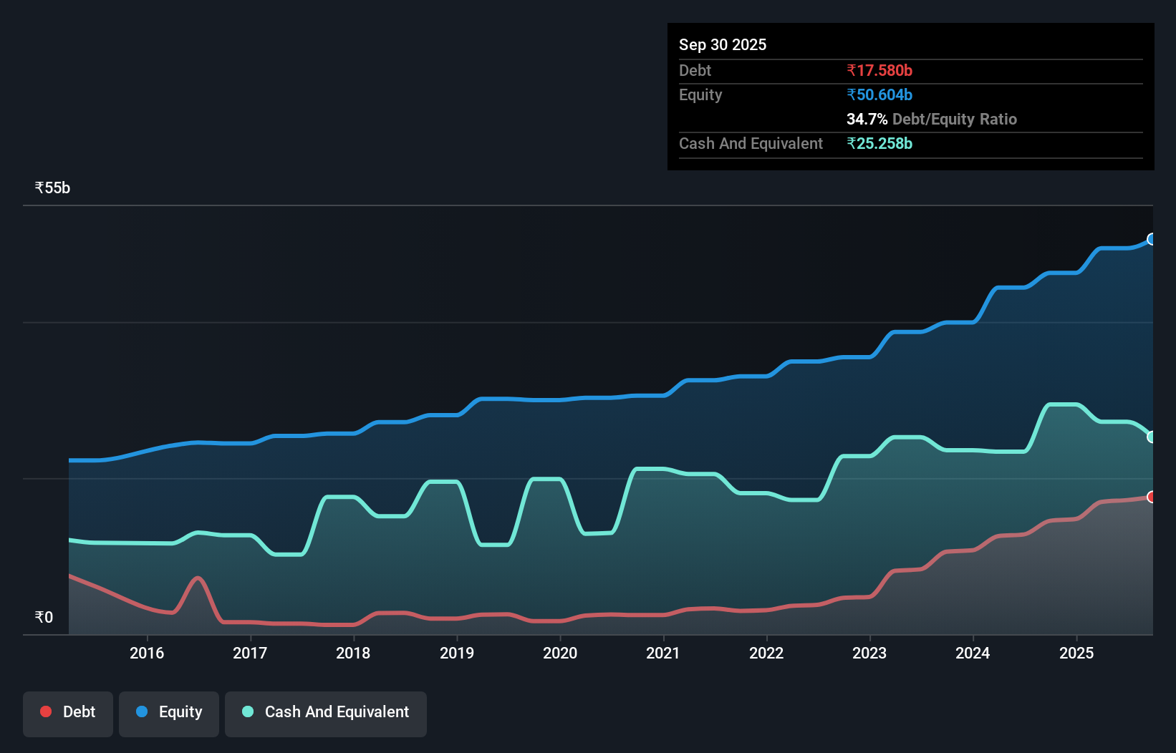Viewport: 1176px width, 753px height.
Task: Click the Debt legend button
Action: click(68, 712)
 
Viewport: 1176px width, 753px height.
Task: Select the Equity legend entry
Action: click(169, 712)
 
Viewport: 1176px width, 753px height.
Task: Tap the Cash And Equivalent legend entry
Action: click(326, 712)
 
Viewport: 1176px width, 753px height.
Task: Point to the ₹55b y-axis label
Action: click(52, 188)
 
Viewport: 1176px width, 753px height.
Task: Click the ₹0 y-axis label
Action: click(44, 618)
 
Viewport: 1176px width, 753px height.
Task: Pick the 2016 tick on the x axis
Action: click(147, 653)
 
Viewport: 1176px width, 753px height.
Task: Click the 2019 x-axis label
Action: click(457, 653)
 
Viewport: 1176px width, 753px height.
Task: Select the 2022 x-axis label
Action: click(766, 653)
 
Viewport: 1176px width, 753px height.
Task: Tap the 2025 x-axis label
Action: click(1076, 653)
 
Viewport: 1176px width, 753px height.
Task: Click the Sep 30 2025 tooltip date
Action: click(723, 45)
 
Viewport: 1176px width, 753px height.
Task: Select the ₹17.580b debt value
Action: click(879, 71)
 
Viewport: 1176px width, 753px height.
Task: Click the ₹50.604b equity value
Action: click(879, 95)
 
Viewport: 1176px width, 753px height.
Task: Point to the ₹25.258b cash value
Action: click(879, 144)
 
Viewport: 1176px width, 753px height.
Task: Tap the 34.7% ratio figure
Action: click(867, 120)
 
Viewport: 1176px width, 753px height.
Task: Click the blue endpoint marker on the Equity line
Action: click(1152, 239)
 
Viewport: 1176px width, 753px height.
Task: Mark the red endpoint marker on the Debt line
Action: click(1152, 497)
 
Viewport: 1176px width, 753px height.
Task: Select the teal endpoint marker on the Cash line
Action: click(1152, 437)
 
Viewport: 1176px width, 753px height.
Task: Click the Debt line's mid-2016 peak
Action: click(198, 578)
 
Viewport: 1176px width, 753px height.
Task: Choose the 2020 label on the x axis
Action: click(560, 653)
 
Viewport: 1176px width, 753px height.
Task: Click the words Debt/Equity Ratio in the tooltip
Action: click(955, 120)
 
